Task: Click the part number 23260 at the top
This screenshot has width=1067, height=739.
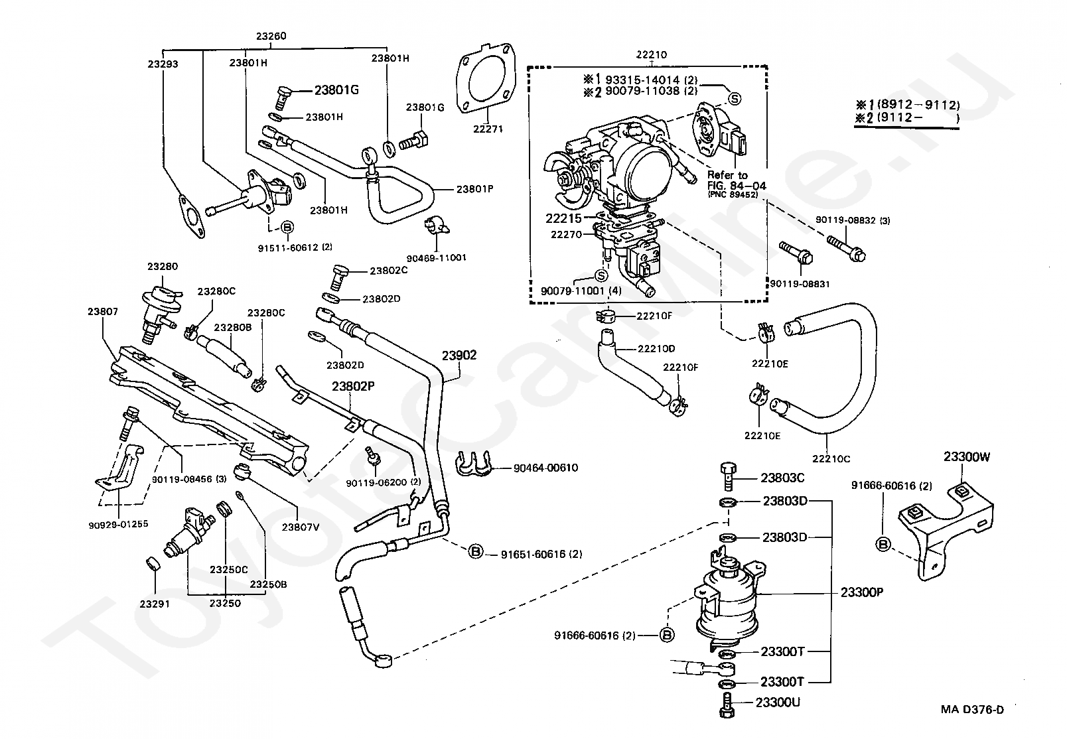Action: coord(271,36)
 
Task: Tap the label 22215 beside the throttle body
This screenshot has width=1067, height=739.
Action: coord(563,218)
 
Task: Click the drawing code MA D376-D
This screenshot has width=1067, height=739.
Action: coord(972,709)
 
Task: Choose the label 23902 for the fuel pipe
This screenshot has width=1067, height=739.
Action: coord(459,356)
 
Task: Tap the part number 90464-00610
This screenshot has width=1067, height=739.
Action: coord(546,468)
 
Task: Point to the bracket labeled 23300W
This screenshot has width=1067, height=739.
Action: coord(946,533)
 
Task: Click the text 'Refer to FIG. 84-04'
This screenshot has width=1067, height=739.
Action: coord(737,180)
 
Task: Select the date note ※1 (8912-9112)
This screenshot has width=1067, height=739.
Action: coord(908,105)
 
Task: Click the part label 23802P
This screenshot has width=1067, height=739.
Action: coord(353,385)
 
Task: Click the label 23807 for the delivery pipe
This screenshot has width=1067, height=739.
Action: coord(102,311)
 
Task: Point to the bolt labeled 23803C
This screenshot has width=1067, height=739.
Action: coord(727,476)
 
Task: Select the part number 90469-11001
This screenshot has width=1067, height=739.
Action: coord(437,258)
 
